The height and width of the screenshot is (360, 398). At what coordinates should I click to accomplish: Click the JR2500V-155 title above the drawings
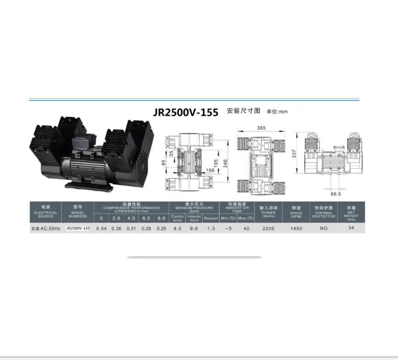(186, 113)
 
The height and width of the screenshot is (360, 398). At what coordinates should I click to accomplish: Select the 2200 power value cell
(268, 228)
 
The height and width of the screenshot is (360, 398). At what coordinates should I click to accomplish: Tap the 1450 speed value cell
(296, 228)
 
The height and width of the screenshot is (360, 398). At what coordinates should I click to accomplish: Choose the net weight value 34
(351, 228)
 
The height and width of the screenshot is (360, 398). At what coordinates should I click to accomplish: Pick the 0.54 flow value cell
(101, 228)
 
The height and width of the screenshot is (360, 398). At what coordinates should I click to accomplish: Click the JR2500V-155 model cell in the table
(77, 228)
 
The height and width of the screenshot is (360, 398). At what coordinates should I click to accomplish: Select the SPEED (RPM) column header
(296, 213)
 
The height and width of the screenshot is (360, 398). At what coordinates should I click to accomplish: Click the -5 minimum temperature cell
(227, 228)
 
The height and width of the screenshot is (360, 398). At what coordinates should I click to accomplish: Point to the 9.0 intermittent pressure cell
(193, 228)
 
